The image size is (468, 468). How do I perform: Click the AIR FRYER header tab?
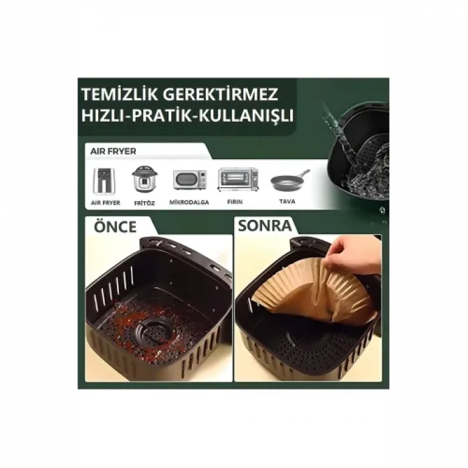pyautogui.click(x=109, y=152)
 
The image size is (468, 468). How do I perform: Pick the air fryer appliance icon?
pyautogui.click(x=104, y=180)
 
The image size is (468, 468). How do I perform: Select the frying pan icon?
pyautogui.click(x=289, y=180)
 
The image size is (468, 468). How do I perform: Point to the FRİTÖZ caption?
pyautogui.click(x=144, y=203)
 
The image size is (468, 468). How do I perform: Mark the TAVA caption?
pyautogui.click(x=288, y=201)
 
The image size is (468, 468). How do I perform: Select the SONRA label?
pyautogui.click(x=265, y=226)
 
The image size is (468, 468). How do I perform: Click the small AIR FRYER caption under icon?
pyautogui.click(x=105, y=202)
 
